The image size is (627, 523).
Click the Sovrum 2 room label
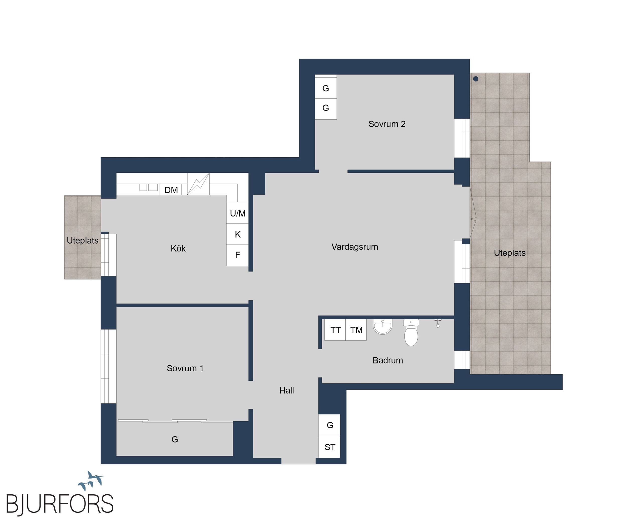(387, 124)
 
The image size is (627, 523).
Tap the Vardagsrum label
(355, 247)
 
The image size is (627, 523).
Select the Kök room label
(178, 248)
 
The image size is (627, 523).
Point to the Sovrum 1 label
(185, 368)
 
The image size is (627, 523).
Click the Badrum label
(388, 360)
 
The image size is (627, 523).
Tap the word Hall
(287, 390)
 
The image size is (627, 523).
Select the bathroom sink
(382, 327)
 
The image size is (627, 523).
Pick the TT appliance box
(335, 330)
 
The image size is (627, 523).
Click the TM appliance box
(356, 330)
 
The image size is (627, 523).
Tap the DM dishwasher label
(171, 190)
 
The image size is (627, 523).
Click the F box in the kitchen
(237, 255)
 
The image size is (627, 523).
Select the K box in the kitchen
(237, 234)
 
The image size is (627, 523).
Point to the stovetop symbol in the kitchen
(198, 184)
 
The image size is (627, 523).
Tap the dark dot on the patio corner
(476, 79)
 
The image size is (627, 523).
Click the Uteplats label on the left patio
(83, 241)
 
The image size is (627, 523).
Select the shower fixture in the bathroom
(438, 323)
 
